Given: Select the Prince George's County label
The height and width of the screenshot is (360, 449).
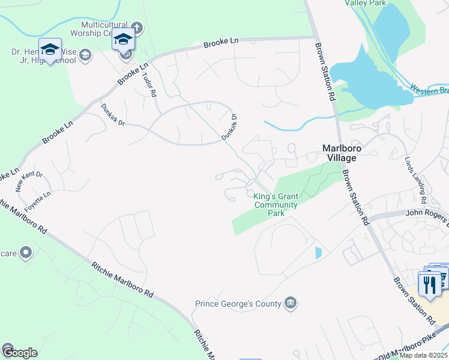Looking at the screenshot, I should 238,304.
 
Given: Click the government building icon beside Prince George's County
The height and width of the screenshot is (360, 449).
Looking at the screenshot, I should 291,301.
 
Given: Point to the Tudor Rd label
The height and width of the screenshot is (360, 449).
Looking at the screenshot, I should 149,85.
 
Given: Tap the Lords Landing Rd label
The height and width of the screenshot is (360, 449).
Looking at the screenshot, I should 415,180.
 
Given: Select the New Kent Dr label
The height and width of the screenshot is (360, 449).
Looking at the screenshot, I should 29,181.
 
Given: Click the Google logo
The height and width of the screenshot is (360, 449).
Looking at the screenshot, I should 20,353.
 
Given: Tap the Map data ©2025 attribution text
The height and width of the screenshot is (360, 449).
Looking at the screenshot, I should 423,355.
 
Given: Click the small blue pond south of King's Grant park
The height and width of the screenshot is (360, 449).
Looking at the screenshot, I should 318,253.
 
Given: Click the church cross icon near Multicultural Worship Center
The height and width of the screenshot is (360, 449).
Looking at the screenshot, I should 136,27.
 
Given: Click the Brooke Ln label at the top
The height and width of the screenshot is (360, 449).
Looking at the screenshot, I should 220,43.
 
